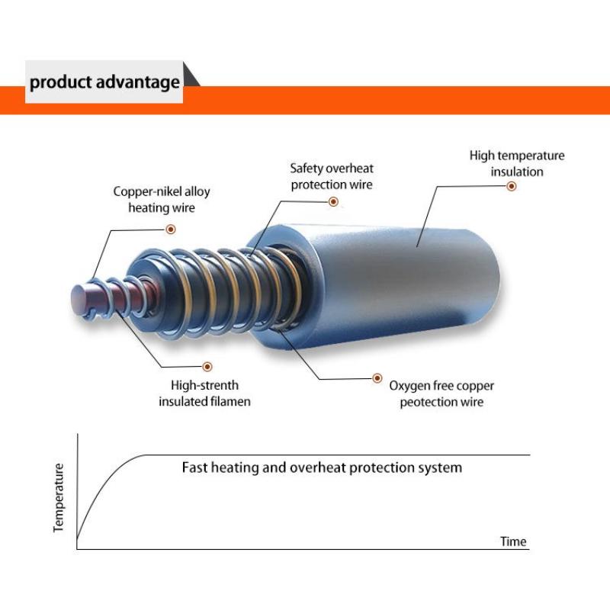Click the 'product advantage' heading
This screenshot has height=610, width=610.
(x=104, y=82)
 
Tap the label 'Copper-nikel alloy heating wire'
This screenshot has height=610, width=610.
(x=162, y=199)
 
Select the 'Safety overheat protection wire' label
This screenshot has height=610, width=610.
(x=332, y=176)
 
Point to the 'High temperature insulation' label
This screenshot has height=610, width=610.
(x=516, y=163)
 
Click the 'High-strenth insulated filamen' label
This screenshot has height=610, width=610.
(x=204, y=393)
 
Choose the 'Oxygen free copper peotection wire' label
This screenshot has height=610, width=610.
(x=441, y=393)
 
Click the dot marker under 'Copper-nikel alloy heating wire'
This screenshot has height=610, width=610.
(x=171, y=228)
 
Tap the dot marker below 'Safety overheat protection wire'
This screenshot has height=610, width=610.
(x=333, y=201)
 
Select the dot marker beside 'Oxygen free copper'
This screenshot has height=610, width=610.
(x=376, y=377)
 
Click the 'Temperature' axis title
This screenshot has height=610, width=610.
(x=59, y=497)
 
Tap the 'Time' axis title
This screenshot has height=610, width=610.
(x=513, y=541)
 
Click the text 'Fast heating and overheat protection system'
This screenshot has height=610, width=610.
(x=322, y=467)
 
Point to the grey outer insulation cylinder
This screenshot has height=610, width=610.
(x=427, y=274)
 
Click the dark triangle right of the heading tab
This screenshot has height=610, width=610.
(x=191, y=76)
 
